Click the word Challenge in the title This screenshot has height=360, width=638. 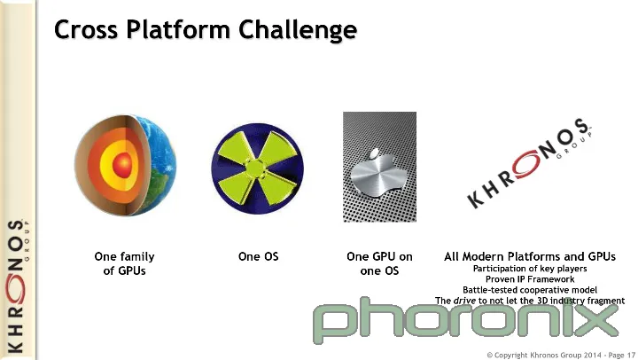(298, 30)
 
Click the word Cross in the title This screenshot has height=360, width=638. (86, 30)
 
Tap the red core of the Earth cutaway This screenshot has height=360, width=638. (122, 165)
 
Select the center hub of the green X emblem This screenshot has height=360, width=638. (255, 169)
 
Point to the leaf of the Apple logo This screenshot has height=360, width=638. (375, 154)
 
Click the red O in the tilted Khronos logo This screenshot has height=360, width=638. (527, 164)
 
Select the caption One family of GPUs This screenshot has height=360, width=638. (125, 263)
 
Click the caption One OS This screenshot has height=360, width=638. (259, 256)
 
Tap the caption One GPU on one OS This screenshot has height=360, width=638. (379, 263)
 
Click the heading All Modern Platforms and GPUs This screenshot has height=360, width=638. (530, 256)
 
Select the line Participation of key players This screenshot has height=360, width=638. (530, 269)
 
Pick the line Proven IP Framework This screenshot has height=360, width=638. (530, 279)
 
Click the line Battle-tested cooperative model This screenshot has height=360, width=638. (530, 290)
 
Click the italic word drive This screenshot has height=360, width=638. (464, 301)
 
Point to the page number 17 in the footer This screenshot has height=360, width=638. (631, 355)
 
